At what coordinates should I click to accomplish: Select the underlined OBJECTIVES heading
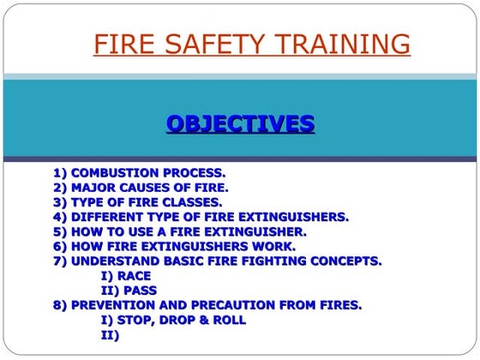[x=240, y=124]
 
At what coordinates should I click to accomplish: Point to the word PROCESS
[x=194, y=173]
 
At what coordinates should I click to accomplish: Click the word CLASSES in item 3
[x=192, y=202]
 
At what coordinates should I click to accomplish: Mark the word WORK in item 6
[x=275, y=246]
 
